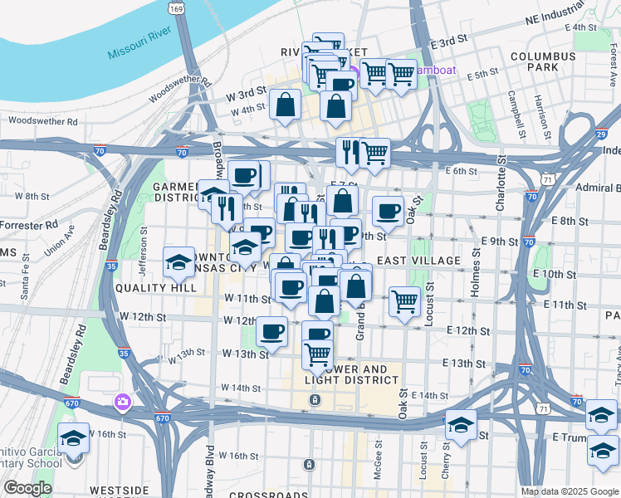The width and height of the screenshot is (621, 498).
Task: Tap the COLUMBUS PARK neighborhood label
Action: (543, 61)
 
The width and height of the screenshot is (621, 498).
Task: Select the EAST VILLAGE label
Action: (418, 261)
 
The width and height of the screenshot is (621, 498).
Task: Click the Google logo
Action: (27, 488)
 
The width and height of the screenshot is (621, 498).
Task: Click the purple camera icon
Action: (123, 403)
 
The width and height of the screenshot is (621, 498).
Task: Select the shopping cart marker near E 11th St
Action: (404, 301)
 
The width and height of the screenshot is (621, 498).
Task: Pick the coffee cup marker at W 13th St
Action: (271, 332)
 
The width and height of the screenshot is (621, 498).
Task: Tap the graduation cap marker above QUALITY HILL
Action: (178, 263)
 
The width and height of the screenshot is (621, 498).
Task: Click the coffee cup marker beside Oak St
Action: (387, 211)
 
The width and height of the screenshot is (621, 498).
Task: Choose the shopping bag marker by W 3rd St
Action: (285, 105)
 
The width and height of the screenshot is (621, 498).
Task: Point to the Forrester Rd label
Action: (29, 224)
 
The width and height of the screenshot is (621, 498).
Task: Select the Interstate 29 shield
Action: (600, 133)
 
